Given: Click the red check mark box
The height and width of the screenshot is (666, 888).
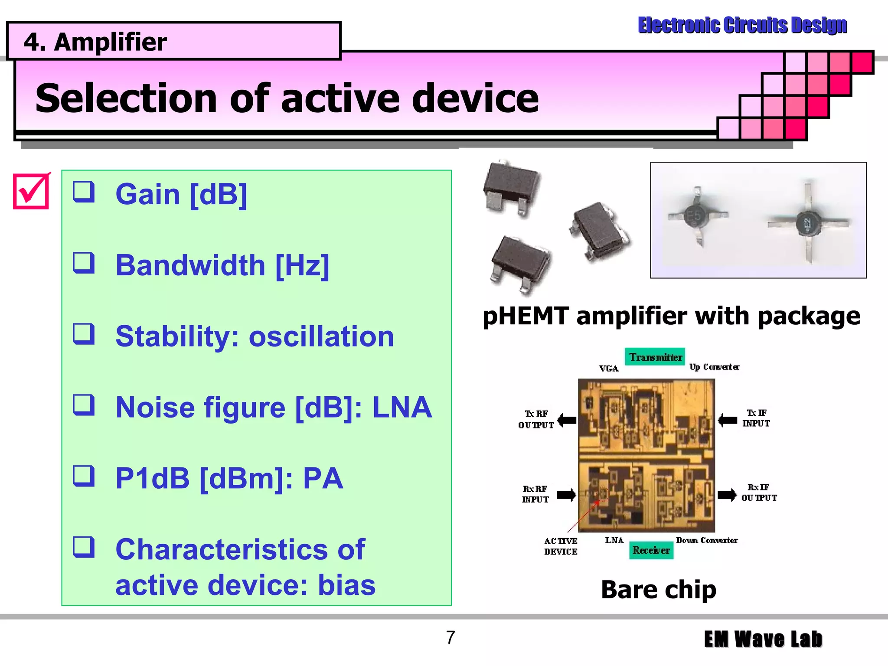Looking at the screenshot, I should point(31,191).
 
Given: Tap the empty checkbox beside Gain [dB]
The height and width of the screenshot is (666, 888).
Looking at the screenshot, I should point(84,192).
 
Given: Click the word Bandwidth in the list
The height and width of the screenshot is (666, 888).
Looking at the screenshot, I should point(190,265).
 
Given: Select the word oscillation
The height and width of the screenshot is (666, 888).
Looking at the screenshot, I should point(321,336).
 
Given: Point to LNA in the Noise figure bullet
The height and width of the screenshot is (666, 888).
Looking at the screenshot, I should point(402,408).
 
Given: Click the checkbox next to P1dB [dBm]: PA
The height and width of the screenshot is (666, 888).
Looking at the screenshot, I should point(84,476).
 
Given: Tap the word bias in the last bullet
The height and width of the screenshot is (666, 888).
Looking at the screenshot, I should point(346,585).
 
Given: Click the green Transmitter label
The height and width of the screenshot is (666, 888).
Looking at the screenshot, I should point(655,357).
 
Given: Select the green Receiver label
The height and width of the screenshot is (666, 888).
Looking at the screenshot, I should point(651,550).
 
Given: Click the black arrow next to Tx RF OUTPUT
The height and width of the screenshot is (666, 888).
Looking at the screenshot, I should point(567,420).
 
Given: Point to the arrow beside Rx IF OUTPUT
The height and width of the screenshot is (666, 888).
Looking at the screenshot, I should point(727,495).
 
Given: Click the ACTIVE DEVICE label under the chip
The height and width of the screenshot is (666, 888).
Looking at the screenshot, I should point(561,546).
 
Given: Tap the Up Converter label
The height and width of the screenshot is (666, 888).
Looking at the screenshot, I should point(714,367).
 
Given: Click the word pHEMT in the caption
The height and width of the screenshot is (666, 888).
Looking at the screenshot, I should point(526,316).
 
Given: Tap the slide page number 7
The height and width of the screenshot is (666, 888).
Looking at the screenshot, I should point(451,637).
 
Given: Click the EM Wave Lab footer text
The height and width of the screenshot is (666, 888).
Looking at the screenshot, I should point(763,639).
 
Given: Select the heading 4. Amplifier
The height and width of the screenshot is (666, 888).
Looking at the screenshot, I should point(95,42).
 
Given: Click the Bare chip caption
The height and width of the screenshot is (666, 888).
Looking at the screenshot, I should point(658,590).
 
